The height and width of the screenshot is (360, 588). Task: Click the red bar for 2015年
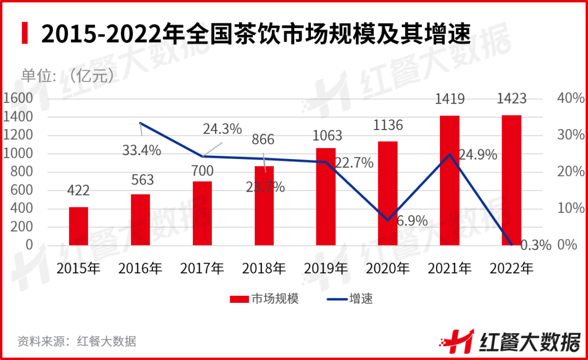(78, 226)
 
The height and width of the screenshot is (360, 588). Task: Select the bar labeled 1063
(326, 196)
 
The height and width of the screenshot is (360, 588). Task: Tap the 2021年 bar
(450, 180)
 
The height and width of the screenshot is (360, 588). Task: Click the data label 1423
(512, 99)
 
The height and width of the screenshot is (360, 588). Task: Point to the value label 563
(140, 180)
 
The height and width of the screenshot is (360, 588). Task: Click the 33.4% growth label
(142, 150)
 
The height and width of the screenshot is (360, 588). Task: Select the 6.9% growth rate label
(412, 222)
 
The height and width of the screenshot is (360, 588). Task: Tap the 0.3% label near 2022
(536, 245)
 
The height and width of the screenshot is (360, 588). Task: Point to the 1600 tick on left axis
(18, 99)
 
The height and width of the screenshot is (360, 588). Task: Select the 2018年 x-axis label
(264, 268)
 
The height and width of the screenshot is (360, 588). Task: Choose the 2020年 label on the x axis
(388, 268)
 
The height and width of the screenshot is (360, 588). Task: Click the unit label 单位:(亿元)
(68, 75)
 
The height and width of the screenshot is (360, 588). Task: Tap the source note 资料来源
(77, 341)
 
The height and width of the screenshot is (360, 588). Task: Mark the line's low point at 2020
(388, 220)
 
